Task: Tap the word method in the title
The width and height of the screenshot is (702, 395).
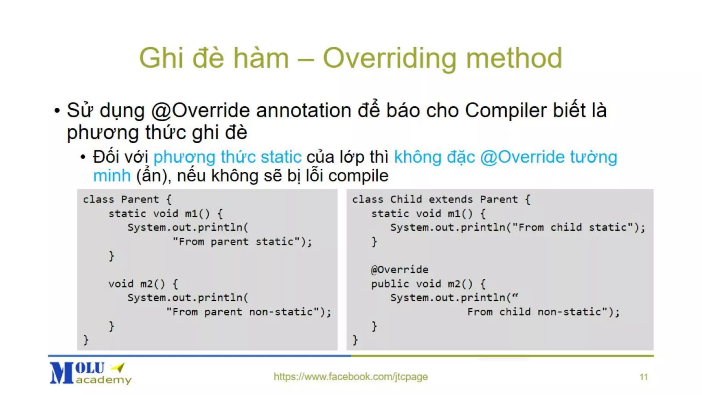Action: coord(514,58)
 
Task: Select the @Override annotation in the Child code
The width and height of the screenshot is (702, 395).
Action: coord(400,270)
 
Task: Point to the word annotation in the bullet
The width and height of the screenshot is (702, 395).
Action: coord(303,111)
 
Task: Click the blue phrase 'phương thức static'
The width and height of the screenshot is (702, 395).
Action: coord(227,157)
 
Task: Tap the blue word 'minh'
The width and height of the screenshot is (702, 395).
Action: coord(112,176)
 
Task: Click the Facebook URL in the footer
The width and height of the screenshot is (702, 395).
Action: coord(351,376)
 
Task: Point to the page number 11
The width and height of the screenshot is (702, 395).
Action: coord(643,377)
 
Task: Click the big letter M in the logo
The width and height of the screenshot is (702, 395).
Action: coord(62,373)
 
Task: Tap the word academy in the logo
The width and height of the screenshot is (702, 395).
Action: coord(104,380)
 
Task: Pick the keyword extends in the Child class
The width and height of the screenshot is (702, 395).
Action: coord(450,199)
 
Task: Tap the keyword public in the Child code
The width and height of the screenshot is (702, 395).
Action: coord(390,284)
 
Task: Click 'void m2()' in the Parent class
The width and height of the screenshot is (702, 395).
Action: coord(136,284)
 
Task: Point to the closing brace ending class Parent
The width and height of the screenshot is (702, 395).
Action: coord(86,340)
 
